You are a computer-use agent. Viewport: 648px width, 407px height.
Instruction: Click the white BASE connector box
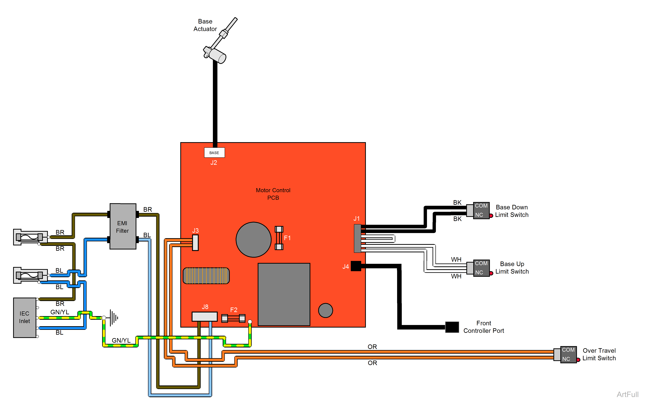coord(214,153)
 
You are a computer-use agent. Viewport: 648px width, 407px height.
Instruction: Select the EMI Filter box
coord(123,227)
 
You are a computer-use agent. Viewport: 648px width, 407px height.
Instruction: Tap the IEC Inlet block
coord(24,317)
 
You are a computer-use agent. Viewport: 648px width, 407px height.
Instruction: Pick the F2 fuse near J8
coord(233,318)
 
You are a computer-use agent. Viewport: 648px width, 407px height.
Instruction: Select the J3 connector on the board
coord(195,243)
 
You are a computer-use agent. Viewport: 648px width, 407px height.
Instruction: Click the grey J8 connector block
coord(205,316)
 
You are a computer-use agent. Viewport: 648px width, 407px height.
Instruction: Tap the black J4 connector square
coord(356,266)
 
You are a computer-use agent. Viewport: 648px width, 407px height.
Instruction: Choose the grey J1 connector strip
coord(357,238)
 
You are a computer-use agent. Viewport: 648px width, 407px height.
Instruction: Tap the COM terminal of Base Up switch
coord(481,263)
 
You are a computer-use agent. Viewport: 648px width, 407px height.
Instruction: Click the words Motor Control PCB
coord(273,194)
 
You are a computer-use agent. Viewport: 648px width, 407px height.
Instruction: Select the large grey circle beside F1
coord(253,240)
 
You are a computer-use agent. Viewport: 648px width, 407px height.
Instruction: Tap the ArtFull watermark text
coord(627,394)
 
